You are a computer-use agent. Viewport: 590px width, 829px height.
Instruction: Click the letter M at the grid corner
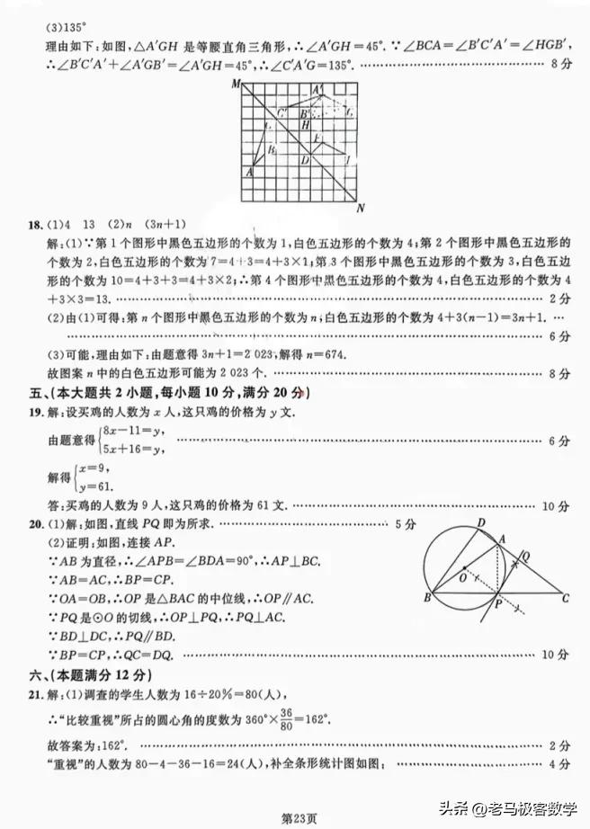click(235, 84)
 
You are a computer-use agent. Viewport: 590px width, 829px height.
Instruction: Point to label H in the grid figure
click(305, 124)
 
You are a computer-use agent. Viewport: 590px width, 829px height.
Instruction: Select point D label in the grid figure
click(305, 161)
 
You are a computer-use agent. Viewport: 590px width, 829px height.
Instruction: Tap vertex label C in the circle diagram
click(565, 598)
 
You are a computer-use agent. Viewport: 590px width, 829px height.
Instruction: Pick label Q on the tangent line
click(525, 556)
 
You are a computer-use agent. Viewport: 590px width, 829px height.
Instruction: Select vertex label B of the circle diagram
click(426, 598)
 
